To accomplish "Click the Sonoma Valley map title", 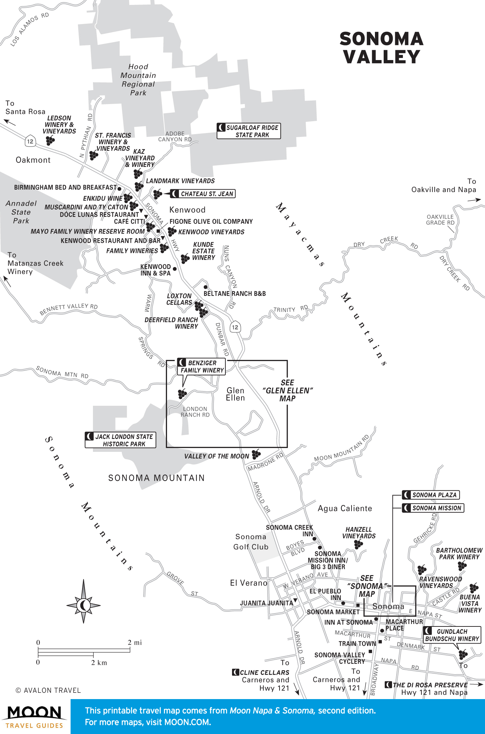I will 381,48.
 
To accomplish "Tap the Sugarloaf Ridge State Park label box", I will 249,131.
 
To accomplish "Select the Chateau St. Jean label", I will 203,194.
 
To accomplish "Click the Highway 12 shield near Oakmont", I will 30,141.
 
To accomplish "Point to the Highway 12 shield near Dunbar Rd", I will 235,327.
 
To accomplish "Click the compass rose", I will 84,605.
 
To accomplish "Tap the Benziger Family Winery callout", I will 201,367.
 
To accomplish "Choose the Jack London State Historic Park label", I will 121,440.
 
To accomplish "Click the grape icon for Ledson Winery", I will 50,140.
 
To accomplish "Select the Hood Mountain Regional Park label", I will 138,80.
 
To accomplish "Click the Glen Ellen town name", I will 235,394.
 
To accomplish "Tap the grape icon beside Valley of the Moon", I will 256,454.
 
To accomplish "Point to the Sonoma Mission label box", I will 433,508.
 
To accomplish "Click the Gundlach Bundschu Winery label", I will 452,635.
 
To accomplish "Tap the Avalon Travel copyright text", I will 48,690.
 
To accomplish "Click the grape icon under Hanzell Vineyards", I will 359,544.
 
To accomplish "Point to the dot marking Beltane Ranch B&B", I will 205,287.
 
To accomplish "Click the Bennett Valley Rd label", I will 68,308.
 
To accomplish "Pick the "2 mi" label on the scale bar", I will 135,643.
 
